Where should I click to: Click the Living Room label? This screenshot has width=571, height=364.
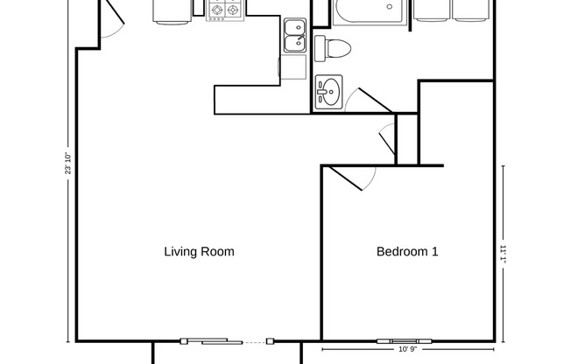[199, 252]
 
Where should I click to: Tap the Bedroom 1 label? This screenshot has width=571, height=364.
[406, 252]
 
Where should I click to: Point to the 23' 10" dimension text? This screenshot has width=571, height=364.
[67, 164]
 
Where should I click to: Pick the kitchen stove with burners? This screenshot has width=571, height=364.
[224, 10]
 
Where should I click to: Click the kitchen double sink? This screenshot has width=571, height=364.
[294, 35]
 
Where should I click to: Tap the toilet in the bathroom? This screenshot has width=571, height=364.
[333, 47]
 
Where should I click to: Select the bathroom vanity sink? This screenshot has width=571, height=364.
[328, 91]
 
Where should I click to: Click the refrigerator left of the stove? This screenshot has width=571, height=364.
[173, 10]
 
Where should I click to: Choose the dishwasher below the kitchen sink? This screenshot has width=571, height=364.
[293, 68]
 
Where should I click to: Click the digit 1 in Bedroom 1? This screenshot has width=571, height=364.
[434, 252]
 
